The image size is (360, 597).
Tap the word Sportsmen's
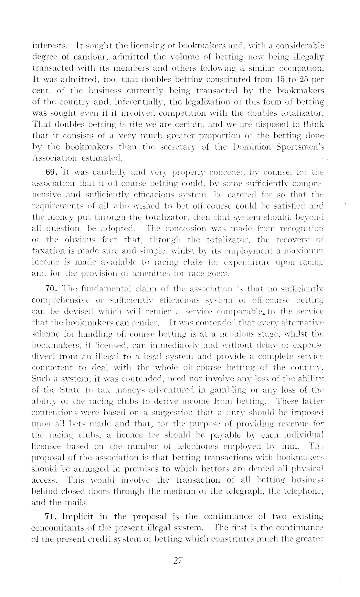coord(301,147)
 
